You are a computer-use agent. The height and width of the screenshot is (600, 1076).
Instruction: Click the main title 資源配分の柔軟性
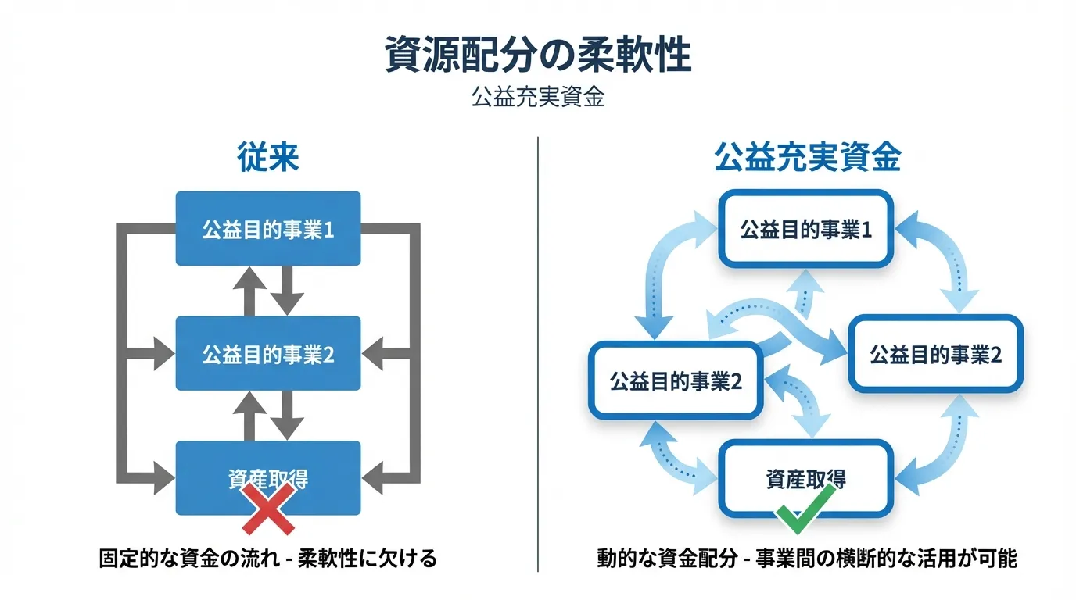(x=538, y=55)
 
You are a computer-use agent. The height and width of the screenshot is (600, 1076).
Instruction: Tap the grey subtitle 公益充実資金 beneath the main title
(x=538, y=98)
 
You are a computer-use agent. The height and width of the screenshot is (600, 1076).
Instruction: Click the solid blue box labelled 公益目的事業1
(x=267, y=229)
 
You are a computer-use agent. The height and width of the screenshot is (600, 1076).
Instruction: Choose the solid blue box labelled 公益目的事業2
(x=267, y=354)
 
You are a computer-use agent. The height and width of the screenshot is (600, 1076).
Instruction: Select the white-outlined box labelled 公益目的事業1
(x=805, y=229)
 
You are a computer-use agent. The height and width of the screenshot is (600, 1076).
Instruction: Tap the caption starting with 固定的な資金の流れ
(x=267, y=559)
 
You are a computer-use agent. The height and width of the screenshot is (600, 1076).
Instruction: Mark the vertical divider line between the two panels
(x=538, y=352)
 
